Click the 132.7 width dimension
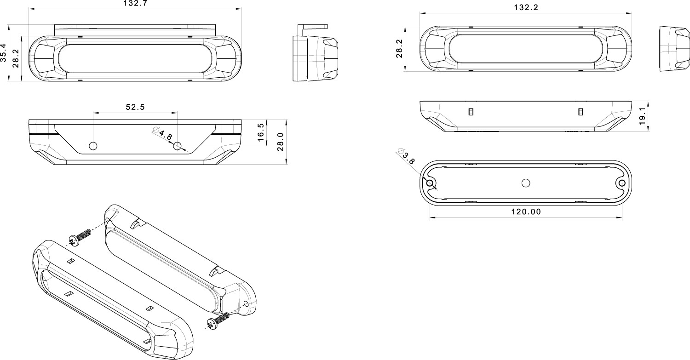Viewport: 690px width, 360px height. click(135, 3)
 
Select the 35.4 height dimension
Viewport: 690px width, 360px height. click(3, 53)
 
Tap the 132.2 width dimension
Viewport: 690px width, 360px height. click(526, 8)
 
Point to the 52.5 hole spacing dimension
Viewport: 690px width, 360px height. click(135, 107)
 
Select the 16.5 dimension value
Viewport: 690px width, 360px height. click(261, 132)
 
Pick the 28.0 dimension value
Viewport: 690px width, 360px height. click(280, 142)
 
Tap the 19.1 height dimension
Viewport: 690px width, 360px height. click(642, 116)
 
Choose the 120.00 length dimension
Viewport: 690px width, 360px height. click(526, 212)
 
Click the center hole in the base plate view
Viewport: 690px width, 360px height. click(526, 183)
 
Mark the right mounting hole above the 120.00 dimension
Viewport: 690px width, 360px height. click(622, 183)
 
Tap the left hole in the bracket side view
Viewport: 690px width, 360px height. click(93, 146)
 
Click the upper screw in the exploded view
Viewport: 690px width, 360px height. click(80, 237)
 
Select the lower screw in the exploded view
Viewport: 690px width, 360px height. click(218, 321)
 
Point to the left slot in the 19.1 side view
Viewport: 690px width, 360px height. click(471, 112)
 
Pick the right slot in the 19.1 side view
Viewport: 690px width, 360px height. click(581, 112)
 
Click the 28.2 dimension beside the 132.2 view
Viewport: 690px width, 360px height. click(400, 49)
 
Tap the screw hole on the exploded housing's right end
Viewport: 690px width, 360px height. click(246, 304)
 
